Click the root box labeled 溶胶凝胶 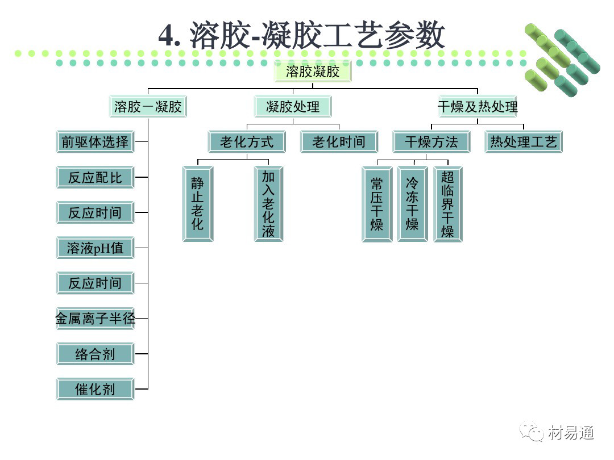coord(313,72)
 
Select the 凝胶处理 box coord(292,106)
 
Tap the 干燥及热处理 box coord(478,106)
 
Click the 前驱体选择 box coord(95,141)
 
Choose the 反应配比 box coord(95,177)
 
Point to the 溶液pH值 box coord(95,248)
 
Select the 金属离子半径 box coord(95,319)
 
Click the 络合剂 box coord(95,354)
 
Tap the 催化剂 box coord(95,389)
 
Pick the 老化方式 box coord(247,141)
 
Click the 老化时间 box coord(339,141)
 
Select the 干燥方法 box coord(431,141)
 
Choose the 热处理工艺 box coord(524,141)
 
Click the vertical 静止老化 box coord(197,203)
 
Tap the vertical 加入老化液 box coord(268,203)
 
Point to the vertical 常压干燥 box coord(376,204)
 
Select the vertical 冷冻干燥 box coord(412,204)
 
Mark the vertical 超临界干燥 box coord(448,204)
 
